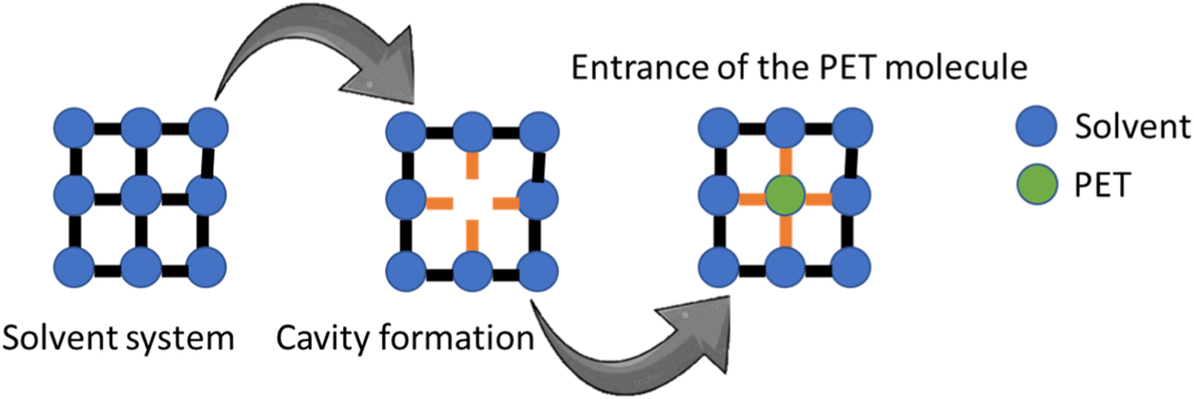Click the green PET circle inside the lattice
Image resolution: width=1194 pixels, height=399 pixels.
coord(785,195)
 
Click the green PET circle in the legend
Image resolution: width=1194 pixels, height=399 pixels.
coord(1036,185)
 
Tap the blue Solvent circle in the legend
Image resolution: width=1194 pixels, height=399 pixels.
coord(1036,126)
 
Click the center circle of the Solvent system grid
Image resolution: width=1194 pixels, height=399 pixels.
coord(141,195)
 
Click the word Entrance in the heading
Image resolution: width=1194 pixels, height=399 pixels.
coord(629,68)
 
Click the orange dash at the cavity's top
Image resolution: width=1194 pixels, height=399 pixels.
coord(472,165)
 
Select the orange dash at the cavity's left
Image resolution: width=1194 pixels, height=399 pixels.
coord(439,203)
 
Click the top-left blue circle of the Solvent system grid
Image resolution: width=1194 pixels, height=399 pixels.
coord(74,128)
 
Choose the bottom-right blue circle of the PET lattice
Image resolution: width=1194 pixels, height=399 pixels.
coord(850,267)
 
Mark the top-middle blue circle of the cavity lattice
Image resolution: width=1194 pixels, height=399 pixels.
coord(472,130)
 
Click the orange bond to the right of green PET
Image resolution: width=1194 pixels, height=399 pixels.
coord(818,199)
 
